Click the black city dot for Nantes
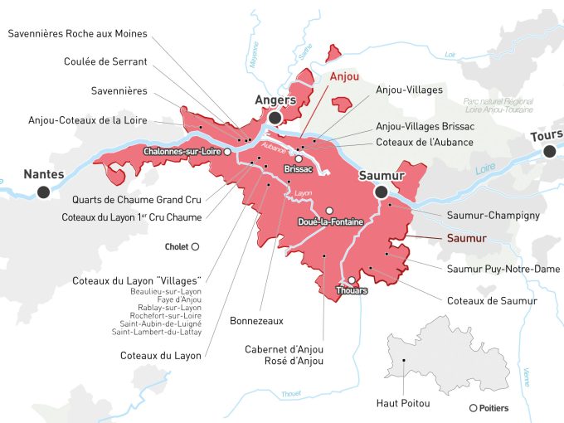tap(43, 192)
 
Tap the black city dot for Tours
tap(550, 150)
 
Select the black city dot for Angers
tap(275, 119)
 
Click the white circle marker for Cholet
tap(196, 246)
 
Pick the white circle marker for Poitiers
tap(473, 407)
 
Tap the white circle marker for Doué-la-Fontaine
tap(329, 211)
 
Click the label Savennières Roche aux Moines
tap(77, 33)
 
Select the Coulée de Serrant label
tap(105, 61)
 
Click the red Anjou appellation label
tap(344, 76)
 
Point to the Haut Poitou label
tap(403, 403)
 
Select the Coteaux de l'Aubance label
tap(425, 142)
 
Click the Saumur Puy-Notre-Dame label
tap(503, 269)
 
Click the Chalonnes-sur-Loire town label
tap(182, 152)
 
